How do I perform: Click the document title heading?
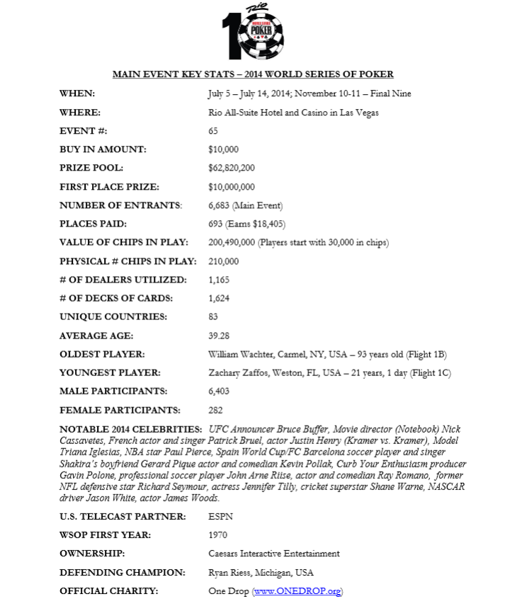(x=253, y=74)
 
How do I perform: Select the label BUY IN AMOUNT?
(x=103, y=149)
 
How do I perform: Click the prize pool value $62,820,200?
(x=232, y=169)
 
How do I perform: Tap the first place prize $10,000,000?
(x=232, y=187)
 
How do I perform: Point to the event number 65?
(x=213, y=131)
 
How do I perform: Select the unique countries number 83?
(x=213, y=316)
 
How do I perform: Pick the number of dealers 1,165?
(x=219, y=280)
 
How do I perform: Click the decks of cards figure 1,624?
(x=219, y=298)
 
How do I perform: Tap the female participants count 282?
(x=215, y=410)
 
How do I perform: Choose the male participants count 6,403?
(x=219, y=391)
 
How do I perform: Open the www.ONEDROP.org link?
(x=297, y=591)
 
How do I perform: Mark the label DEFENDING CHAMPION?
(x=123, y=572)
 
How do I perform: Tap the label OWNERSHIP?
(x=92, y=554)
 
